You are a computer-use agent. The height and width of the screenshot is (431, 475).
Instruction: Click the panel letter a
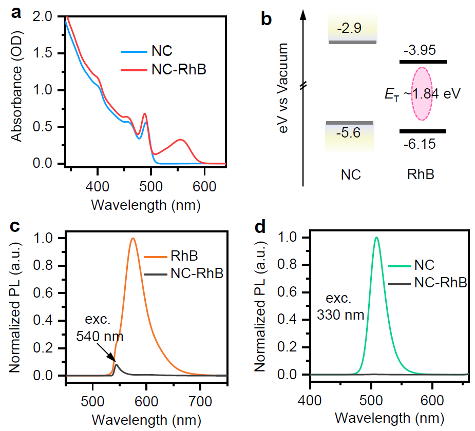(16, 14)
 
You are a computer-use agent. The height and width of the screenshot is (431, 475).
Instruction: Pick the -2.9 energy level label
(350, 28)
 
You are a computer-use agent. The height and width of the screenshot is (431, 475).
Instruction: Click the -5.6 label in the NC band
(349, 133)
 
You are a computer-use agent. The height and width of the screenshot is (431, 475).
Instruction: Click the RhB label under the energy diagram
(419, 174)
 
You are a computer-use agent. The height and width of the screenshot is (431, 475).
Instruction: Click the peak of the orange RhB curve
(133, 238)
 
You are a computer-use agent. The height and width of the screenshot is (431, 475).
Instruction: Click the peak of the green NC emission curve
(377, 237)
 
